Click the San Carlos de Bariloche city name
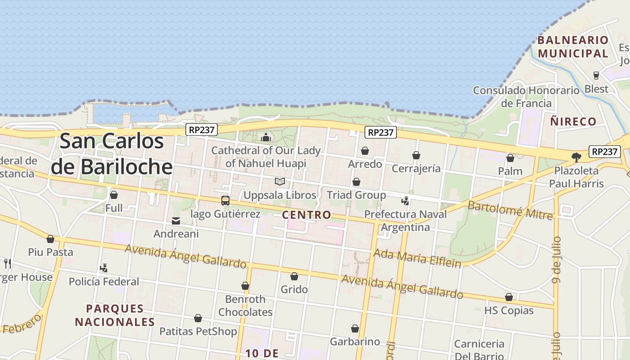[x=112, y=153]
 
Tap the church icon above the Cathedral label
[x=266, y=137]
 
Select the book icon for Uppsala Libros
[x=280, y=182]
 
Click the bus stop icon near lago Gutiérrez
[x=225, y=201]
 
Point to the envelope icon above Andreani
[x=176, y=221]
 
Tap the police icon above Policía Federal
[x=104, y=268]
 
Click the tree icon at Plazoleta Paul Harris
[x=576, y=157]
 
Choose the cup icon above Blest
[x=596, y=75]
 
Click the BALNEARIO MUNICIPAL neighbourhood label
[x=573, y=47]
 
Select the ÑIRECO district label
[x=573, y=121]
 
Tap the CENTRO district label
[x=306, y=215]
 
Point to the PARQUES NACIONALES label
[x=115, y=315]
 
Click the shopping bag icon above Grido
[x=294, y=276]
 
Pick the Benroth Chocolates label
[x=245, y=306]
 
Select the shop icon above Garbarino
[x=355, y=328]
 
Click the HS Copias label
[x=508, y=310]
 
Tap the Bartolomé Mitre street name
[x=510, y=211]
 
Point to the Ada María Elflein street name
[x=417, y=258]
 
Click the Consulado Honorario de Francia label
[x=526, y=97]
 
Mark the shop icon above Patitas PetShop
[x=198, y=319]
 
